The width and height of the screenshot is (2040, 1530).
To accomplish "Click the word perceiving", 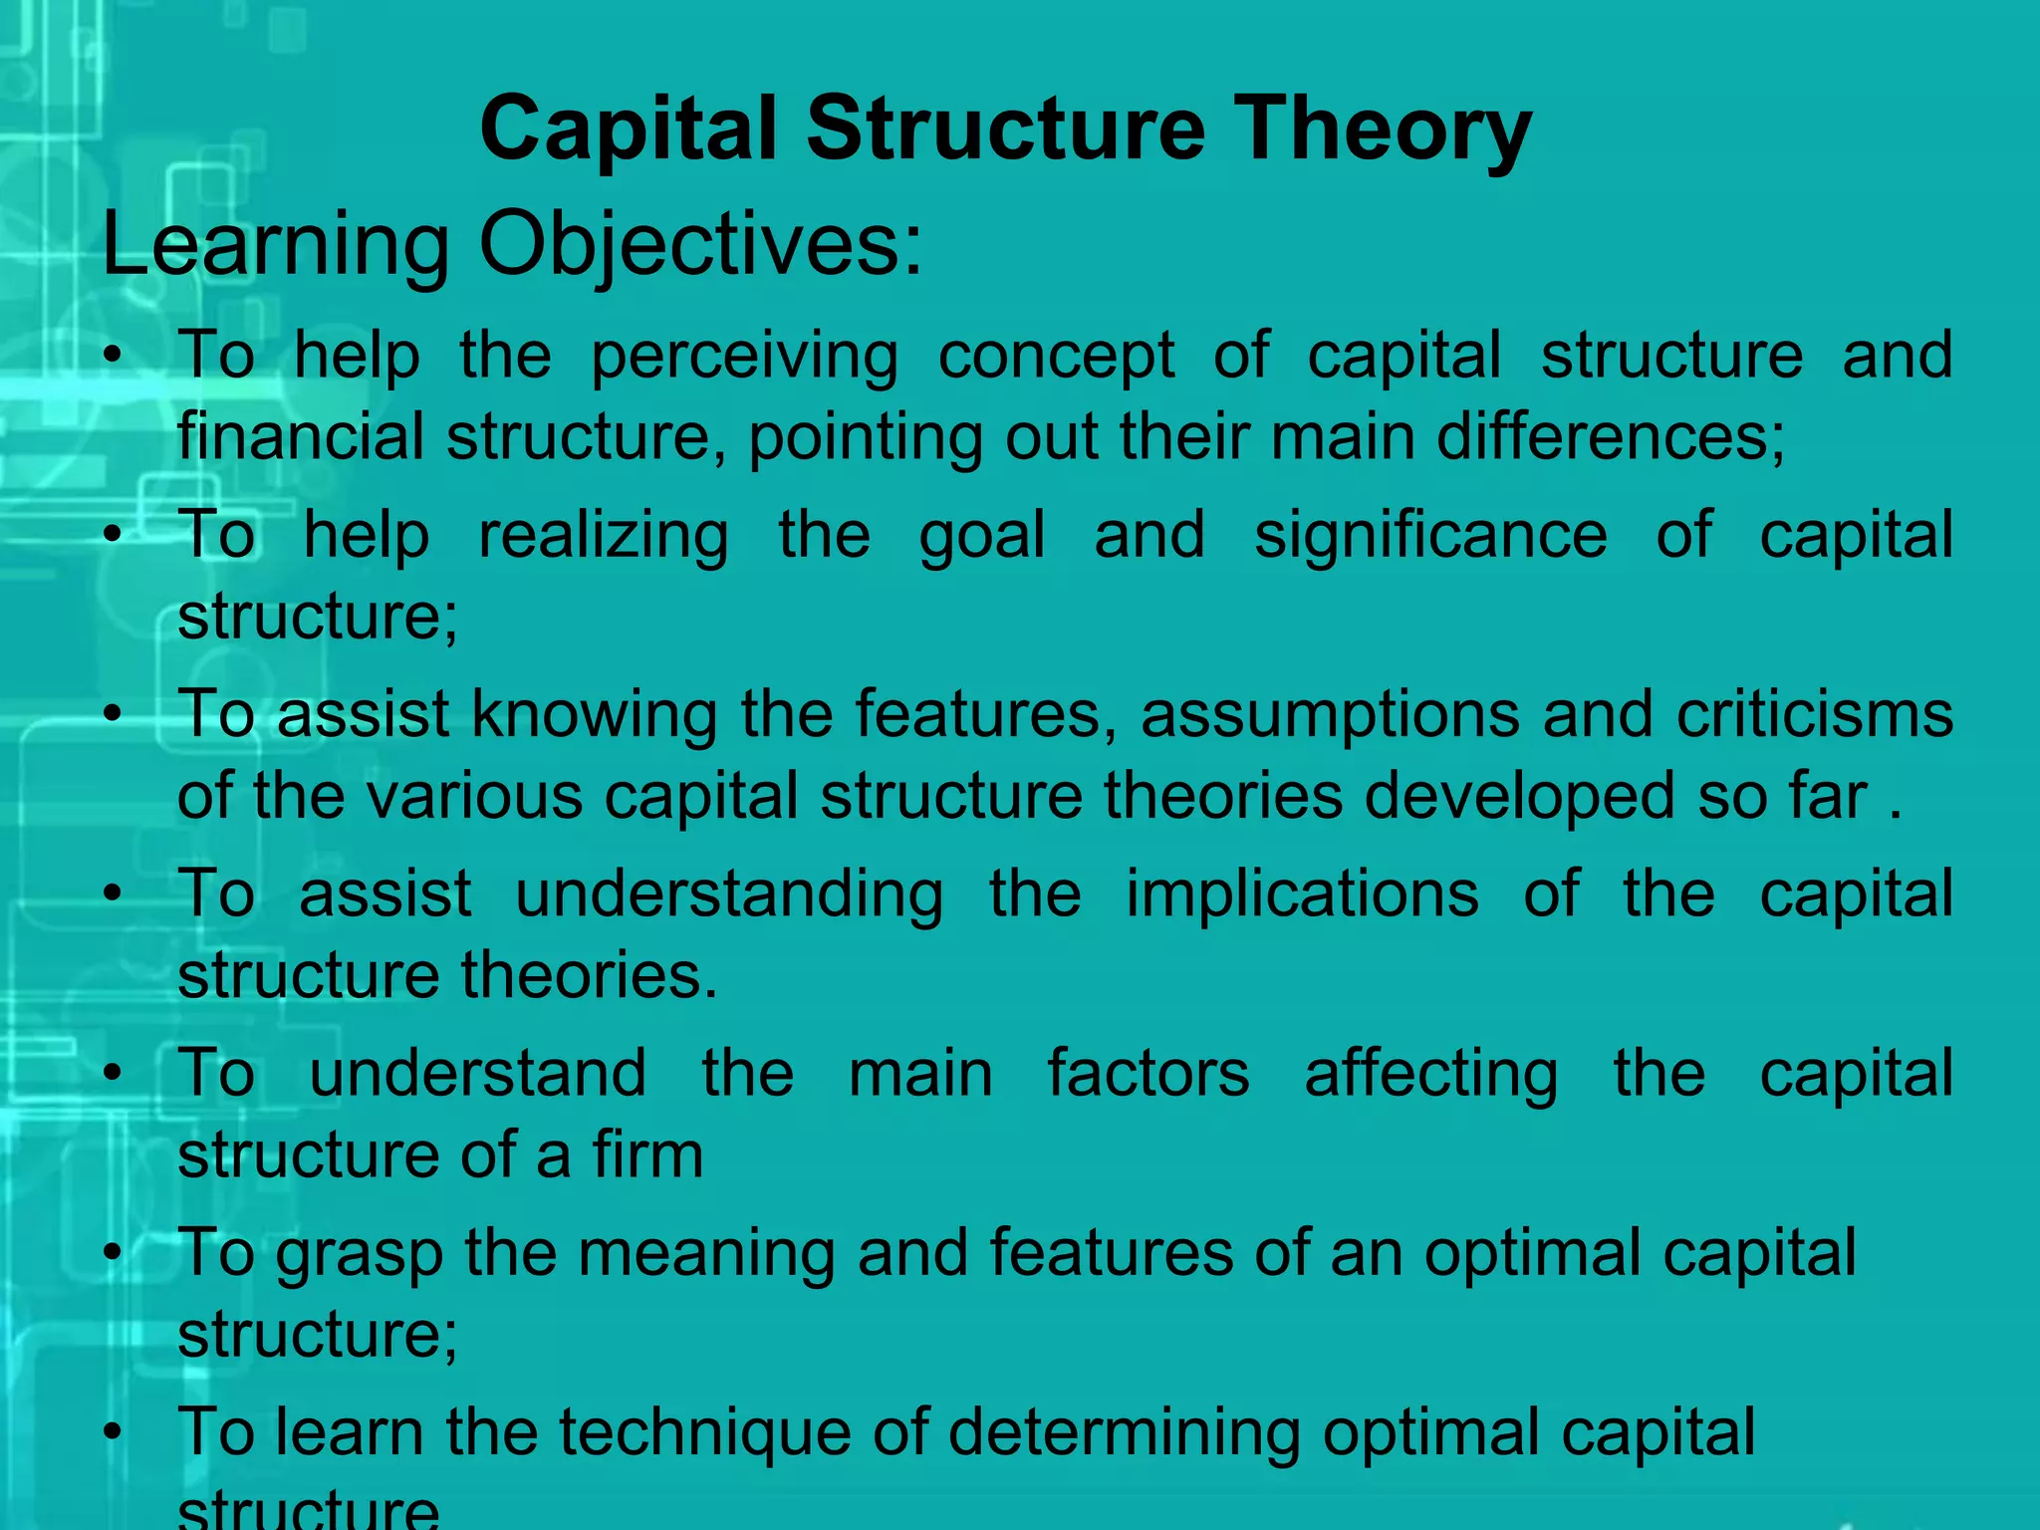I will (x=744, y=357).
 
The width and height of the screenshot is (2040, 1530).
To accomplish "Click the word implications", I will (x=1302, y=893).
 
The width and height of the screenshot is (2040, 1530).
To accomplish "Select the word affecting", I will (x=1431, y=1074).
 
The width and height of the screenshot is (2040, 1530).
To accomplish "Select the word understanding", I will (x=729, y=893).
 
